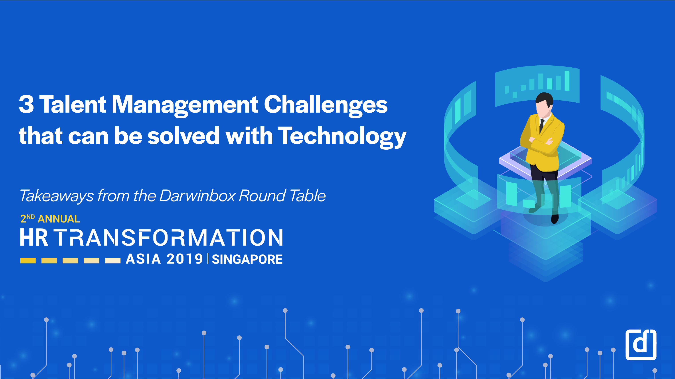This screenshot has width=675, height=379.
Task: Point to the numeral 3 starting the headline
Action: (x=26, y=104)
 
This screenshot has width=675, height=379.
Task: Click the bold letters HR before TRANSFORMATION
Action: (x=34, y=237)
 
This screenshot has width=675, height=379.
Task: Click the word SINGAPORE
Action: (x=247, y=259)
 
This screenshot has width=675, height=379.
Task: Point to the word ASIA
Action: (x=143, y=259)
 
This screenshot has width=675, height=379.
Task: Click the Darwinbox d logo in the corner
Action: (x=641, y=345)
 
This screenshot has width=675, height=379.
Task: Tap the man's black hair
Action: (x=545, y=98)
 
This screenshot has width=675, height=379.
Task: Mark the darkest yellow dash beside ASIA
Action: (x=28, y=261)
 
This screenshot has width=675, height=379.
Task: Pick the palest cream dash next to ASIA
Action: (x=113, y=261)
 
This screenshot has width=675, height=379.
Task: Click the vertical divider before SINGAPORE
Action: (x=208, y=259)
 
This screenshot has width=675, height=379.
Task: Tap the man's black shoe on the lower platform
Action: (x=555, y=219)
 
